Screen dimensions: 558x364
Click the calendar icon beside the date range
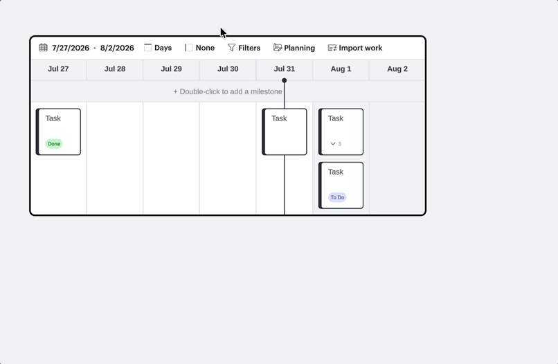(43, 48)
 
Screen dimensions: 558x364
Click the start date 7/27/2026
(71, 48)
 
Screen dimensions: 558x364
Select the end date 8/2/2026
(117, 48)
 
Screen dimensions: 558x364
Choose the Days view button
(158, 48)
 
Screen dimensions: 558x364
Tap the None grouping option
(200, 48)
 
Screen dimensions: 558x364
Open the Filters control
(244, 48)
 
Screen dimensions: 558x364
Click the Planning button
(294, 48)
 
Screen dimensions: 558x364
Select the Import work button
(355, 48)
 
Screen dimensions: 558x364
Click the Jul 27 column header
(58, 69)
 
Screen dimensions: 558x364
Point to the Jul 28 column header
(115, 69)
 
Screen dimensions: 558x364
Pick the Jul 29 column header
(171, 69)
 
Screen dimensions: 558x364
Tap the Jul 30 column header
(228, 69)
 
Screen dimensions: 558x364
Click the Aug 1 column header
(341, 69)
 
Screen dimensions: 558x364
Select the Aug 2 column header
(397, 69)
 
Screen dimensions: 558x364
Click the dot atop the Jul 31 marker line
(285, 80)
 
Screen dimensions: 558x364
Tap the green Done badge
(54, 144)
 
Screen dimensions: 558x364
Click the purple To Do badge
(337, 197)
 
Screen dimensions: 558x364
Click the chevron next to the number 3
(333, 144)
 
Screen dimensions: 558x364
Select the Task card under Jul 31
(285, 131)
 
